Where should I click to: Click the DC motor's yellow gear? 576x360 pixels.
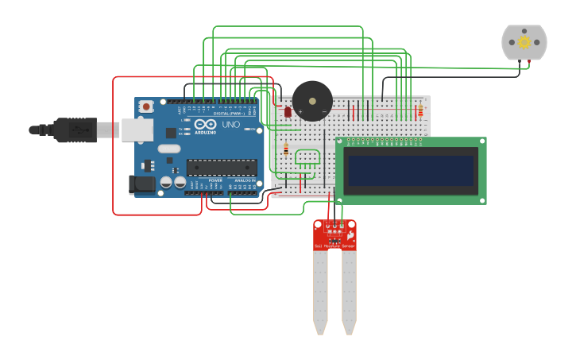(524, 42)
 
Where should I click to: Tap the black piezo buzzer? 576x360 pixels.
(312, 101)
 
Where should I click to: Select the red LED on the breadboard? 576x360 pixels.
(288, 112)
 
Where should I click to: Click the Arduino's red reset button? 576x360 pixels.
(146, 106)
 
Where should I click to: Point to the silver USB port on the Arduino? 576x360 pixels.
(137, 130)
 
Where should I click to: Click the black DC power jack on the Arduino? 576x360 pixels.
(141, 184)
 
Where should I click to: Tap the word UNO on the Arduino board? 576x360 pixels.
(230, 125)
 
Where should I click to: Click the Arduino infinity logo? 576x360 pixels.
(205, 125)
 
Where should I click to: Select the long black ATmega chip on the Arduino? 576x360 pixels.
(222, 167)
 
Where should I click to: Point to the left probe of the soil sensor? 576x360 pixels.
(320, 290)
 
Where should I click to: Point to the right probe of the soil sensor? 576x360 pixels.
(349, 290)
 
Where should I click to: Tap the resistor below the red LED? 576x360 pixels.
(286, 149)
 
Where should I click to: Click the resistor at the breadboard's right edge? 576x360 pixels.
(420, 110)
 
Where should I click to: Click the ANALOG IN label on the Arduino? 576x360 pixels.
(245, 181)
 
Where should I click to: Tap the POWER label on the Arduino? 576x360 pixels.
(215, 181)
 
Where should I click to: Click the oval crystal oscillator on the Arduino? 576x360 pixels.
(168, 149)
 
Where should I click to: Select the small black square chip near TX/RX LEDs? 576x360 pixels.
(171, 133)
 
